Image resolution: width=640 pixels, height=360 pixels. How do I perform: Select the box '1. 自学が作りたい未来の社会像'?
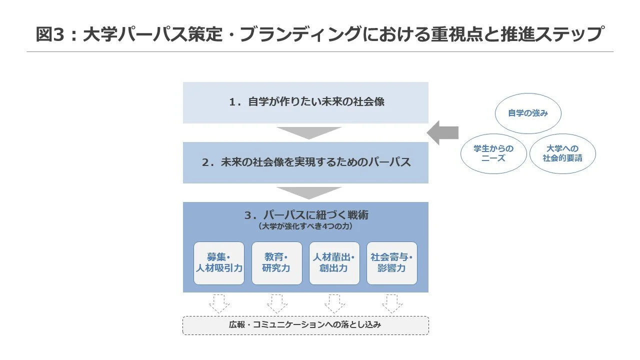(305, 102)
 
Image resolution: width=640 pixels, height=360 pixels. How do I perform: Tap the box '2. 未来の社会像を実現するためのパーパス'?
(305, 162)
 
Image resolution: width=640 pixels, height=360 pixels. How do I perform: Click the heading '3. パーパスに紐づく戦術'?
(306, 215)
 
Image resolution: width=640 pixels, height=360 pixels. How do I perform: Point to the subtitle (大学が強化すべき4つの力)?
(305, 226)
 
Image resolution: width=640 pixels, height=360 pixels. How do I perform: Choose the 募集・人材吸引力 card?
(219, 263)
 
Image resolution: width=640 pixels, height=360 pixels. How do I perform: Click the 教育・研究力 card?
(276, 263)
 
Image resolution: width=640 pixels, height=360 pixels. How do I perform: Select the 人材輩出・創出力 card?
(334, 263)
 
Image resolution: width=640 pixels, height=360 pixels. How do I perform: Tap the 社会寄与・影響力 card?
(391, 263)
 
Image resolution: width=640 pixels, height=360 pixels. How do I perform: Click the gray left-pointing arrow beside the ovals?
(442, 133)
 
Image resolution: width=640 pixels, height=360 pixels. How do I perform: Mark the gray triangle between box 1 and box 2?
(309, 132)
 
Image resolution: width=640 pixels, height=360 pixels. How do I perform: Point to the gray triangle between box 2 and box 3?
(309, 192)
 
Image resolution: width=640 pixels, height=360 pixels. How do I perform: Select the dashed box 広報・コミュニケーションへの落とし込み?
(305, 325)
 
